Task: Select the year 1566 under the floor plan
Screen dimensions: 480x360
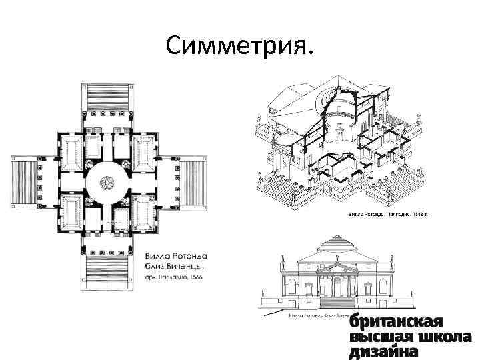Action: click(193, 277)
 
